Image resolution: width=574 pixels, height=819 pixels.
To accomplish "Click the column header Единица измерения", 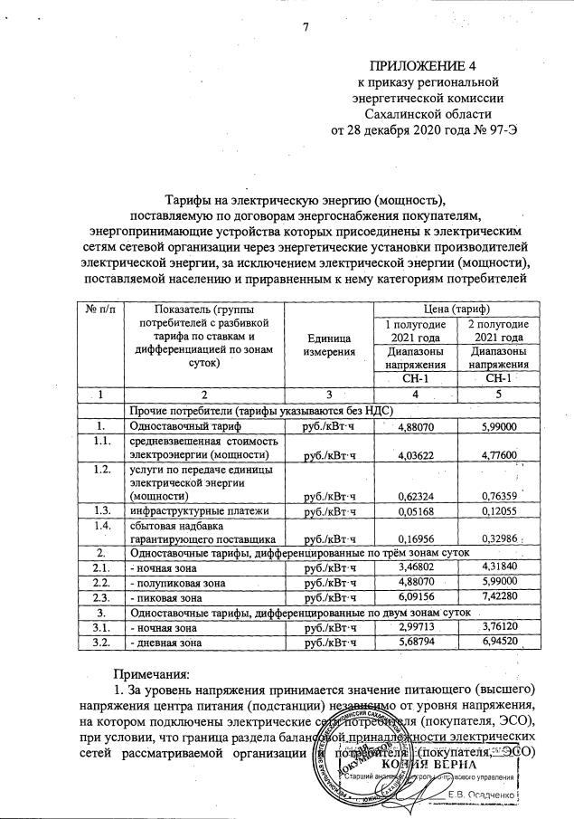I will coord(328,343).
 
